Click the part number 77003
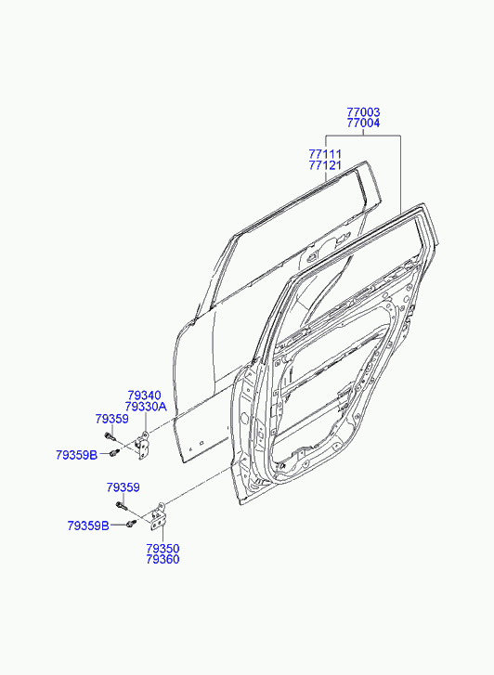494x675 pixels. pos(363,112)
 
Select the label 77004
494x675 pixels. pos(363,123)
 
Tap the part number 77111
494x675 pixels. pos(325,154)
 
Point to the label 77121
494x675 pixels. pos(325,165)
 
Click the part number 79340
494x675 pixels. pos(144,396)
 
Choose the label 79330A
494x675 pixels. pos(146,407)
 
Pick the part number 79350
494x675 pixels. pos(162,549)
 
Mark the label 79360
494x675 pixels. pos(162,560)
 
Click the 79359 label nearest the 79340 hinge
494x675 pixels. pos(112,419)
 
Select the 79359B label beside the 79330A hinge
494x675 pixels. pos(77,455)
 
